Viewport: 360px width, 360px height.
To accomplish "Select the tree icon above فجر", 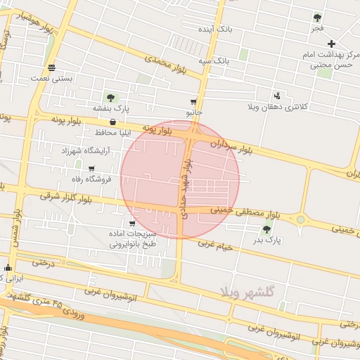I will [318, 18].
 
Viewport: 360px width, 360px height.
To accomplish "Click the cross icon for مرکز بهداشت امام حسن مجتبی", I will [331, 44].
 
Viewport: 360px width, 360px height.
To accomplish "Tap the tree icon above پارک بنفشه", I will [110, 97].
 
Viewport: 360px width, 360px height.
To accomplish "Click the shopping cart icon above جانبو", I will [193, 102].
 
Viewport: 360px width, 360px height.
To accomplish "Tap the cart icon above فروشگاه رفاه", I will [91, 168].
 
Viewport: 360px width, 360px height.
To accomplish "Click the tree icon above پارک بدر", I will [266, 229].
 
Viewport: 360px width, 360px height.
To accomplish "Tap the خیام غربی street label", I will [216, 243].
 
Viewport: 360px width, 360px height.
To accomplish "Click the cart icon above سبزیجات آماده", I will [132, 224].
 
